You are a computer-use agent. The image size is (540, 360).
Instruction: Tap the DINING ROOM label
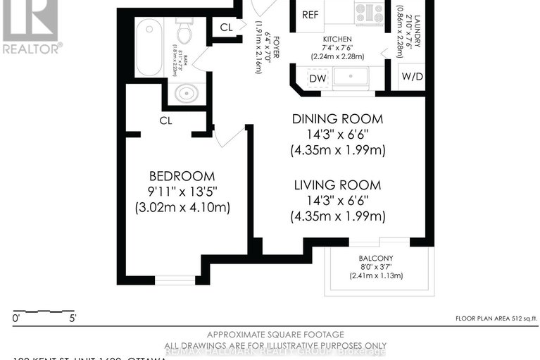[337, 118]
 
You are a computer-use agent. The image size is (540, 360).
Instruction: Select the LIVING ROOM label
[337, 185]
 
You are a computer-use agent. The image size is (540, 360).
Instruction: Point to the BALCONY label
[376, 257]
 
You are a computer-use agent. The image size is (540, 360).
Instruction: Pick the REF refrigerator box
[310, 15]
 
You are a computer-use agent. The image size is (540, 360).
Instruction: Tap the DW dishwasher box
[317, 78]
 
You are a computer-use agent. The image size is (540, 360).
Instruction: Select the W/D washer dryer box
[411, 77]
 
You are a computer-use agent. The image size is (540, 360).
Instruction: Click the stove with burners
[369, 12]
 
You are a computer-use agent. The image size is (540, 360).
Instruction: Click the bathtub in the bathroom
[149, 47]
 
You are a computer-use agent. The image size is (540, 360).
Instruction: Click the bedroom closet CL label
[165, 120]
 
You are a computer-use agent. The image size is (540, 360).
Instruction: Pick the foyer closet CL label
[226, 27]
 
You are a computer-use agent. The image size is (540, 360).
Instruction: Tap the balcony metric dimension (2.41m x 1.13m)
[376, 275]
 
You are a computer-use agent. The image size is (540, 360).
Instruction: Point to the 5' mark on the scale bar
[73, 318]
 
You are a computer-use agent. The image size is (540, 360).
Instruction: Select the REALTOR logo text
[32, 49]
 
